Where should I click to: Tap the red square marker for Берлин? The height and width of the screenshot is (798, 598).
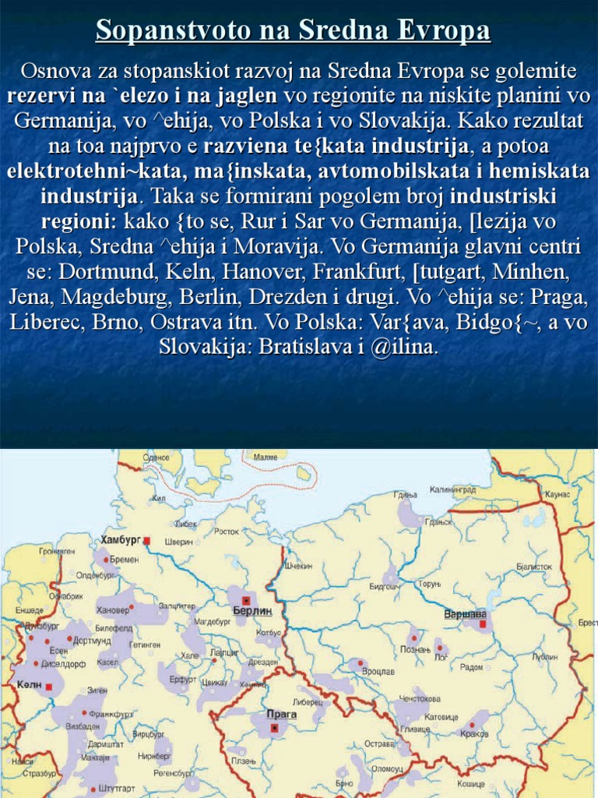[x=246, y=601]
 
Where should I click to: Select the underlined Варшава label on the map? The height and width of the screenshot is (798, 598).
[x=465, y=613]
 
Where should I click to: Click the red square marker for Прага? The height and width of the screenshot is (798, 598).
[x=275, y=727]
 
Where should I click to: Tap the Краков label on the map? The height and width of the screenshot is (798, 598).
[x=473, y=733]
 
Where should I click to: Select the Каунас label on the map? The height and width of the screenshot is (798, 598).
[x=558, y=495]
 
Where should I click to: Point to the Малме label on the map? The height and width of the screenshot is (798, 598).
[x=266, y=457]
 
